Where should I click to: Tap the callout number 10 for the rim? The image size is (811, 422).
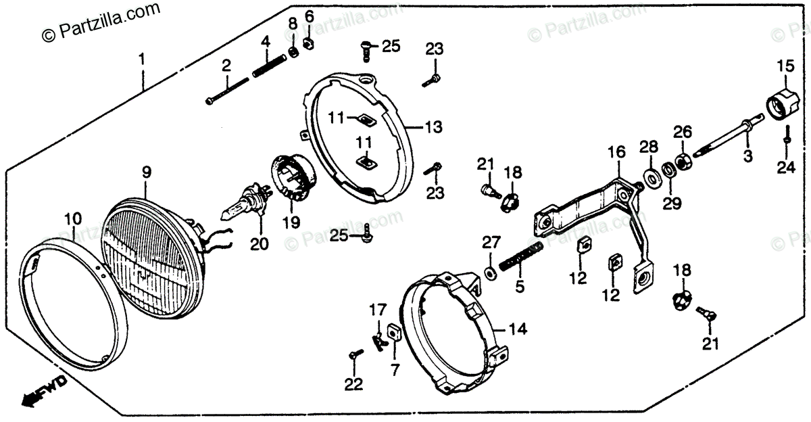(x=72, y=218)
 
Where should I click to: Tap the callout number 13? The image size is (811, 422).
(x=433, y=126)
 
